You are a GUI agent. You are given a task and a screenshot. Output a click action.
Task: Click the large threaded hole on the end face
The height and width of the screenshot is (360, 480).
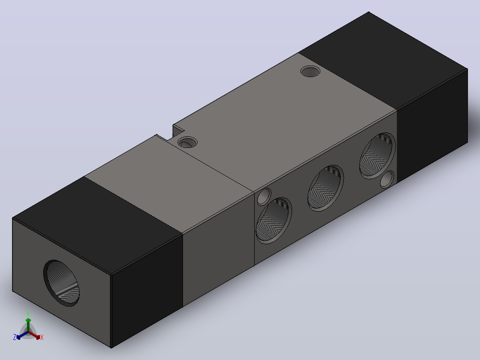61,283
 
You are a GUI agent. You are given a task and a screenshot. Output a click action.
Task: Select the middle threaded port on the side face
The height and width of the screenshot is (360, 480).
325,188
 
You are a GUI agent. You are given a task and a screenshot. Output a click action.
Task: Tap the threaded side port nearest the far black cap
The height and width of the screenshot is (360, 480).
378,155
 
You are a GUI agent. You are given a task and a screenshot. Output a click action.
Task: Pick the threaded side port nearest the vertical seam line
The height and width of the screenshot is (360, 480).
274,220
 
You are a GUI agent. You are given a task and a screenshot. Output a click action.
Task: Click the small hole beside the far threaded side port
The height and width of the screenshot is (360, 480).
387,179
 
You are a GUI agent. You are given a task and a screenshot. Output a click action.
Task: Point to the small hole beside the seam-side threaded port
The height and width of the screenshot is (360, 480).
264,196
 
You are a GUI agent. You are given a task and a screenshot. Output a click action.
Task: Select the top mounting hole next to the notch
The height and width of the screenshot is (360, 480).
187,142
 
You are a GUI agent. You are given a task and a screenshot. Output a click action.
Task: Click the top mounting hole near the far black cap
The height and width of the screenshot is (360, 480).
310,71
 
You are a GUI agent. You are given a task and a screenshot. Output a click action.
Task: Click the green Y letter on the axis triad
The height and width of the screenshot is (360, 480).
28,314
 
